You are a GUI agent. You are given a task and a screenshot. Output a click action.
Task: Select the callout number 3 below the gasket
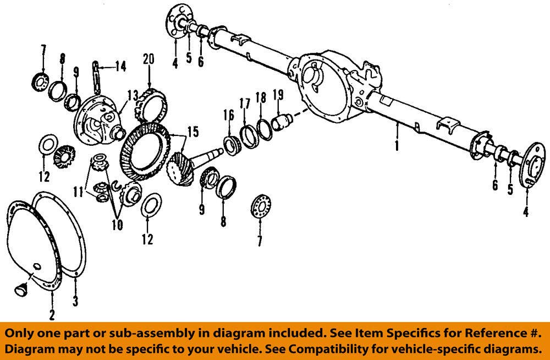76,301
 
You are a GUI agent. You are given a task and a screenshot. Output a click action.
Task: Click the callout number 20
148,58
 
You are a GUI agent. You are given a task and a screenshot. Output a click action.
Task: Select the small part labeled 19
280,119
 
